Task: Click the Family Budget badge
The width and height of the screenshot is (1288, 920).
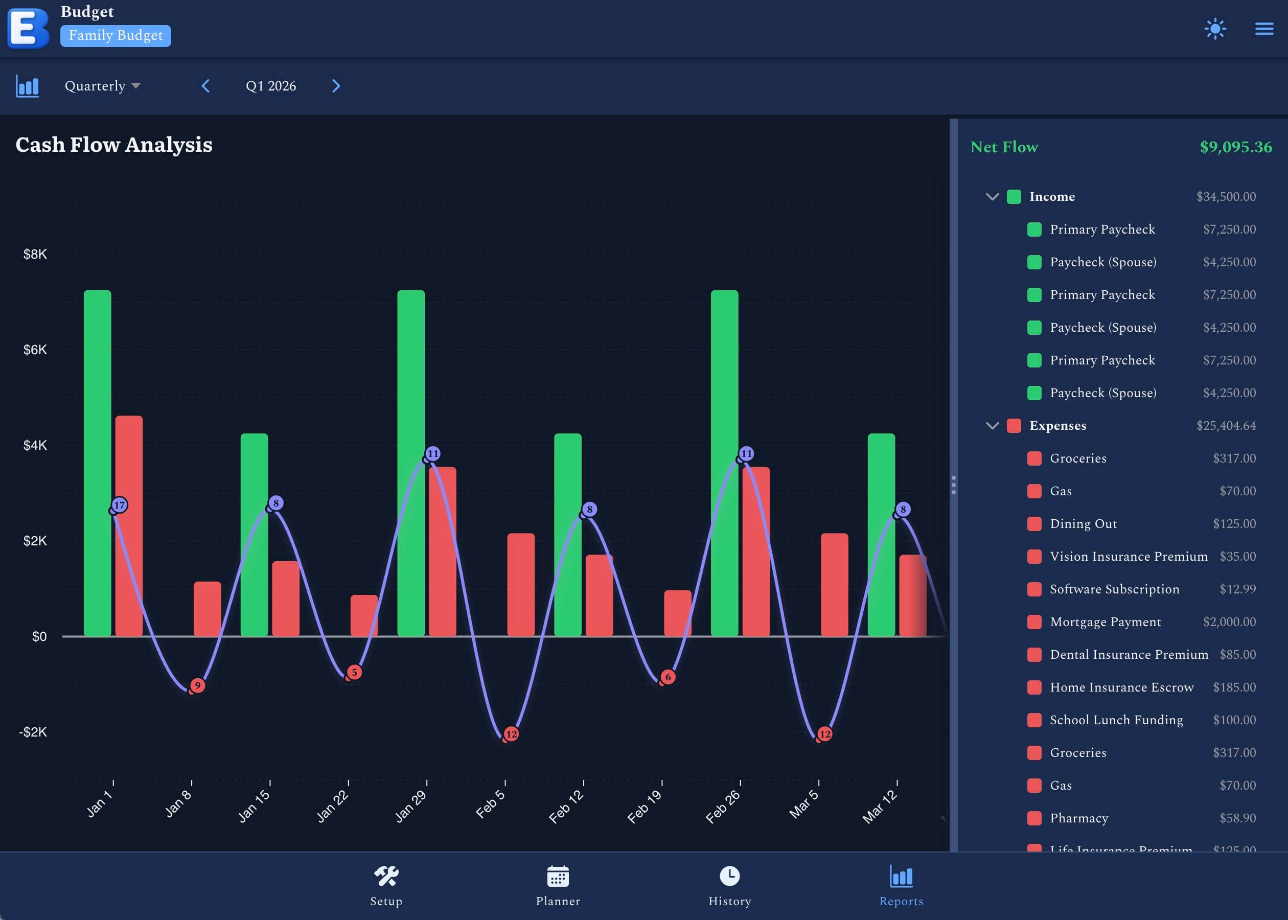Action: tap(116, 36)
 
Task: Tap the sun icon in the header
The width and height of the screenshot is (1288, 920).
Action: tap(1215, 29)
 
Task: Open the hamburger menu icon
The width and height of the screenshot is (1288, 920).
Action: tap(1263, 29)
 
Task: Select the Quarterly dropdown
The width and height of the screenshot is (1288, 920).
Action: tap(102, 86)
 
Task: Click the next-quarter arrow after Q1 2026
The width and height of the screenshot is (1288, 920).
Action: tap(336, 86)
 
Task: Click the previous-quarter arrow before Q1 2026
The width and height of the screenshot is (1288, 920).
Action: tap(205, 86)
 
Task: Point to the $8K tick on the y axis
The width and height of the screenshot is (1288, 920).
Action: tap(35, 255)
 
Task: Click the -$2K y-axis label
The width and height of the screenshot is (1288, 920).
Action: tap(33, 732)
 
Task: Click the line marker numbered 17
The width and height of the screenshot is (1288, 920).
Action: tap(119, 505)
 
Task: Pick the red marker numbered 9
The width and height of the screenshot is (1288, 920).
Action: tap(197, 685)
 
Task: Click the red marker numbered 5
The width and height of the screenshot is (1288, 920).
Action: tap(354, 673)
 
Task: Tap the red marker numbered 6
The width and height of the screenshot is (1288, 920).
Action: tap(668, 677)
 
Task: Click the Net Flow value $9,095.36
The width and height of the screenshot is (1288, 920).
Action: tap(1235, 147)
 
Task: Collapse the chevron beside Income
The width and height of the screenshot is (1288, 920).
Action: tap(992, 197)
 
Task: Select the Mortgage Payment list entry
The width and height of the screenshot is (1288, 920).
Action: tap(1105, 622)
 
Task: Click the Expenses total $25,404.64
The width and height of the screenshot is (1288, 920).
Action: tap(1225, 425)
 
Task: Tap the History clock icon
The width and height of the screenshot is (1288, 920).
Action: tap(729, 876)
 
